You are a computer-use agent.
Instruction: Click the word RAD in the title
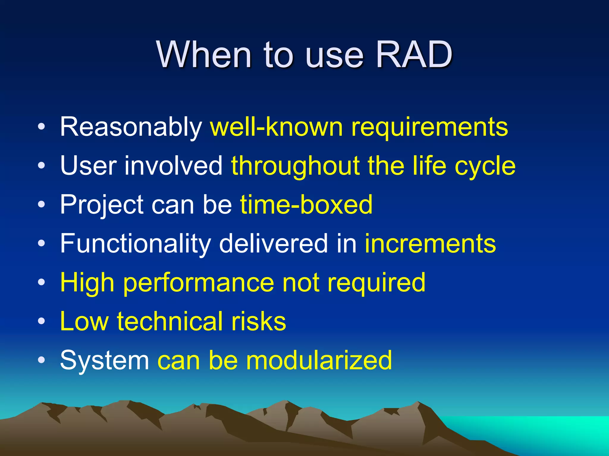click(x=414, y=55)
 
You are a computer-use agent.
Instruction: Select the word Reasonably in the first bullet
click(x=131, y=127)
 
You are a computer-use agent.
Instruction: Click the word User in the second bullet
click(x=88, y=165)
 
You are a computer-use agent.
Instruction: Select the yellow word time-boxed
click(x=306, y=205)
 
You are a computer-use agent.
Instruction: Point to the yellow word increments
click(x=430, y=243)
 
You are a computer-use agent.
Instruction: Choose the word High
click(x=87, y=283)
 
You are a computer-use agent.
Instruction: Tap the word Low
click(x=84, y=321)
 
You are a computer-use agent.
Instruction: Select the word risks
click(x=258, y=321)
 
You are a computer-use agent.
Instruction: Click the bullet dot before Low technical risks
click(x=42, y=321)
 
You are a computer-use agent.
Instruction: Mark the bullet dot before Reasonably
click(x=42, y=127)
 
